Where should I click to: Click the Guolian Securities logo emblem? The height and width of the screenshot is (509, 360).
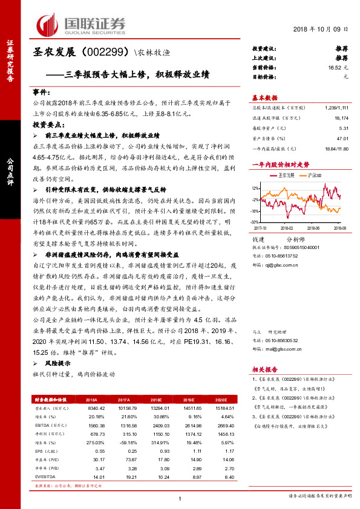point(47,24)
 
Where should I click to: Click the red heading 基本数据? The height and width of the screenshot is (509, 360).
point(264,98)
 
